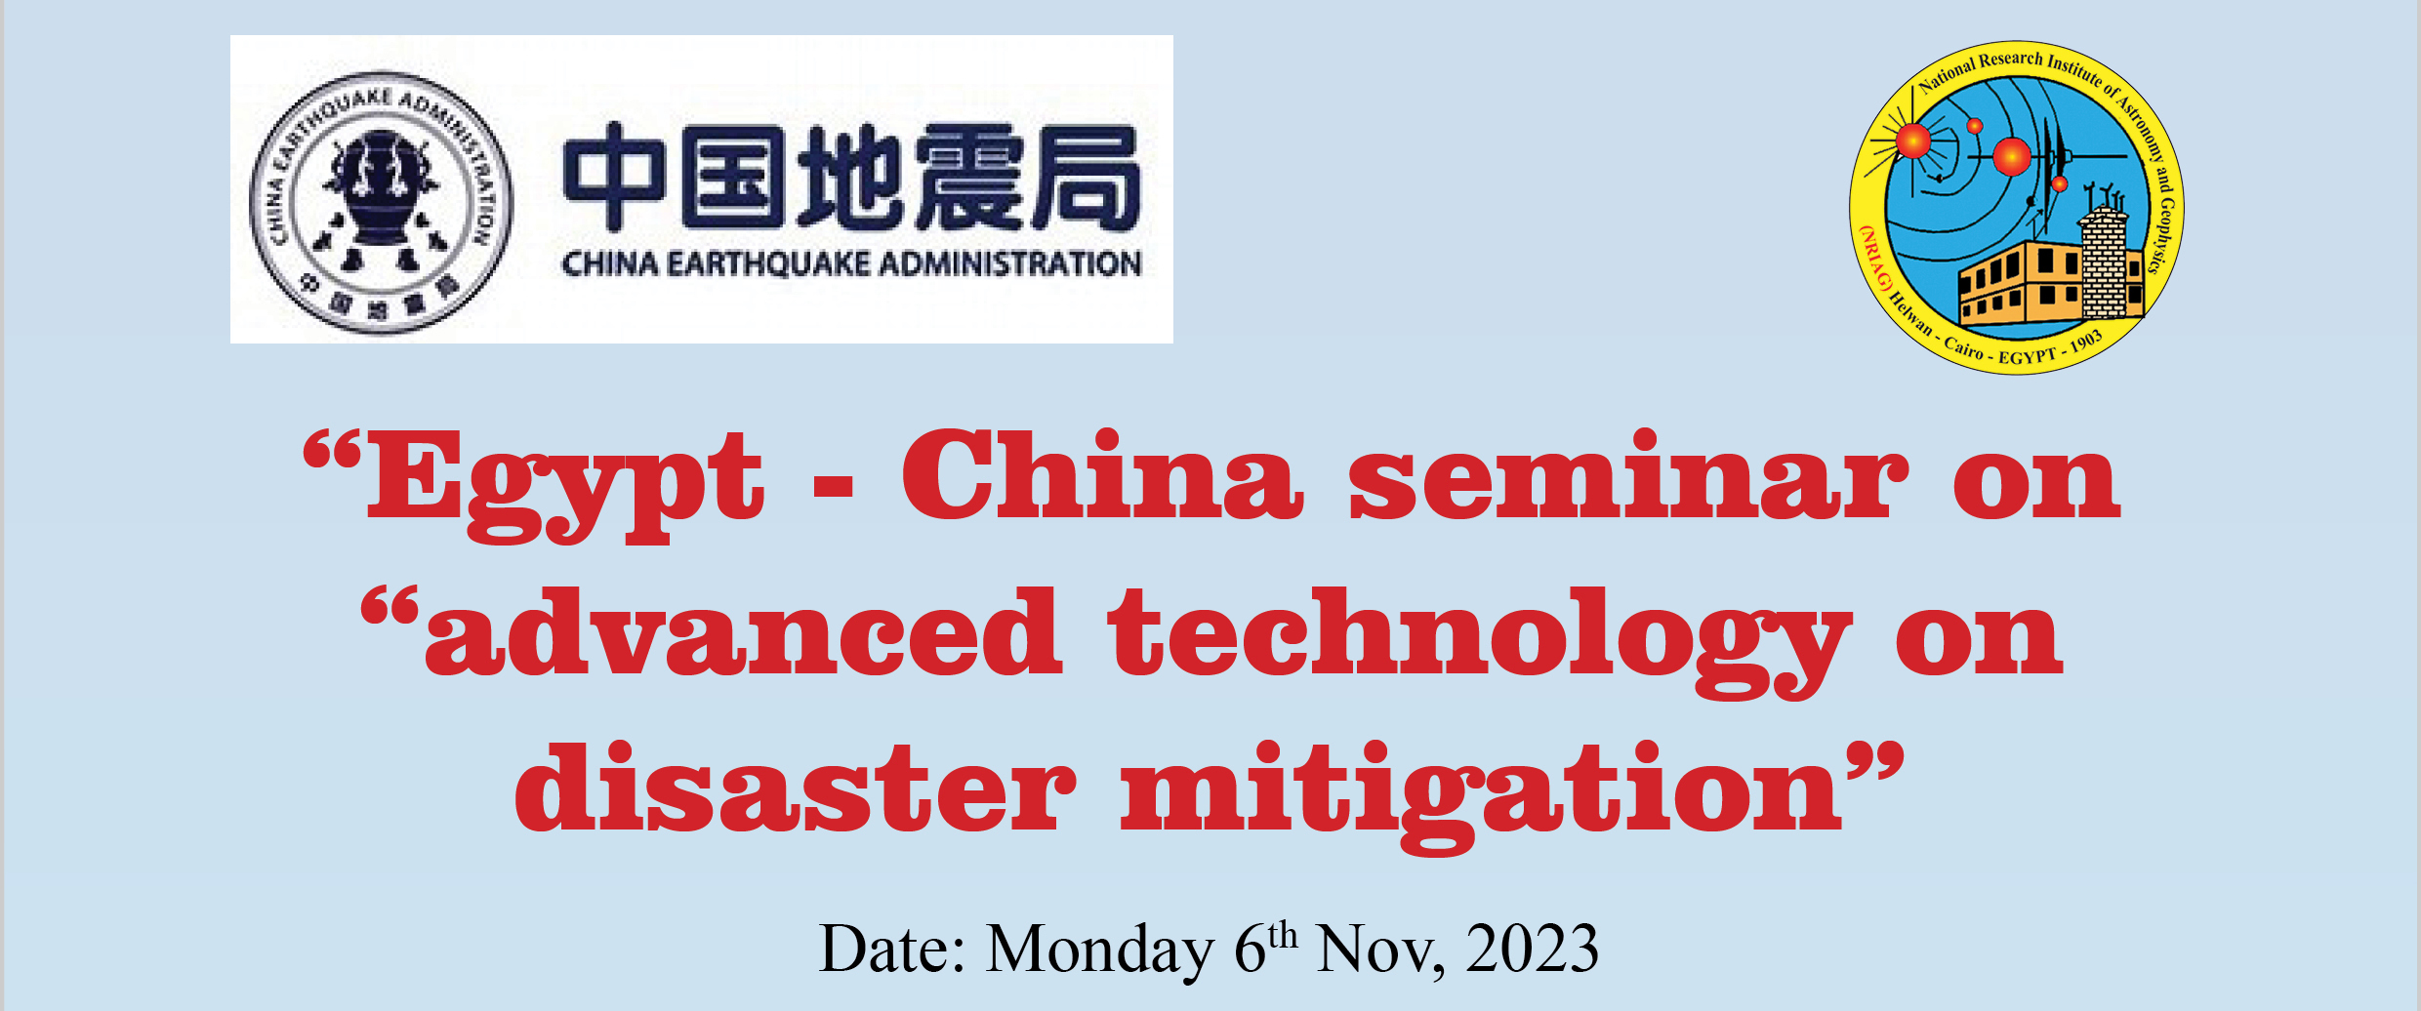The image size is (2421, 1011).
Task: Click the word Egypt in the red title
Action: tap(564, 485)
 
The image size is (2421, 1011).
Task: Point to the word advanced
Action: tap(743, 631)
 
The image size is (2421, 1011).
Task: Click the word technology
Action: tap(1479, 641)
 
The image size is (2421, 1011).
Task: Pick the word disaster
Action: tap(796, 787)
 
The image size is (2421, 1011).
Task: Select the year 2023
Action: tap(1532, 948)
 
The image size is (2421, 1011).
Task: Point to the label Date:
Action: tap(892, 948)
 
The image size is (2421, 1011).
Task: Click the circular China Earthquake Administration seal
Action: tap(381, 202)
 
